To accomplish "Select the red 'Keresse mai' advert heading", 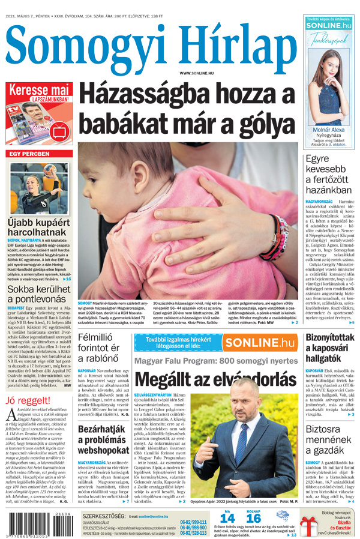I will point(38,89).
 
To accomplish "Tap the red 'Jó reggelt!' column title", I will point(27,400).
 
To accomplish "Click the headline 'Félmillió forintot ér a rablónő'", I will point(102,348).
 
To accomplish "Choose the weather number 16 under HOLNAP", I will point(254,518).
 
